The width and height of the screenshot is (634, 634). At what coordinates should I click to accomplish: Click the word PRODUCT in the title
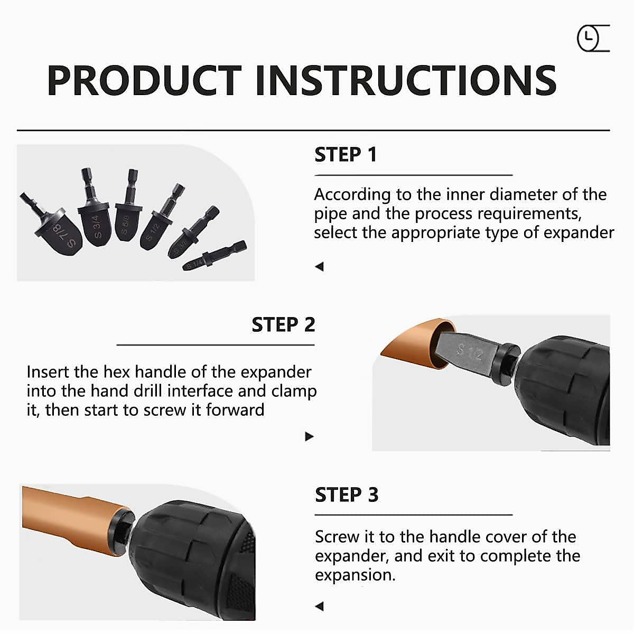144,80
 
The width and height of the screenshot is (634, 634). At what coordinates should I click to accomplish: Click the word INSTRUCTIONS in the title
406,80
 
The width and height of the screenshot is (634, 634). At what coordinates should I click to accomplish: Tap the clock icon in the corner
589,39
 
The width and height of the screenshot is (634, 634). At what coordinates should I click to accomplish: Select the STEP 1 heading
346,155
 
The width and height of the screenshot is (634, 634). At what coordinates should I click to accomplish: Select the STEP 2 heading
283,324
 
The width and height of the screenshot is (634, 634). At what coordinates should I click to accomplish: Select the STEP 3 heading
347,495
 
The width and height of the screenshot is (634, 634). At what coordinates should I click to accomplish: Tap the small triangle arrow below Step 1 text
319,267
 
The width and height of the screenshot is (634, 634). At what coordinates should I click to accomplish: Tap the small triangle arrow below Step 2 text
310,436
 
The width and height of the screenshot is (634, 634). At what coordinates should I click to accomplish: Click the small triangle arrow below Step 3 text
319,606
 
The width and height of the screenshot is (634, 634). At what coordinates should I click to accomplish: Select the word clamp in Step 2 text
294,391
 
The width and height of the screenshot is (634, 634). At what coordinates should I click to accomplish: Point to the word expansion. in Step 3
355,575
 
